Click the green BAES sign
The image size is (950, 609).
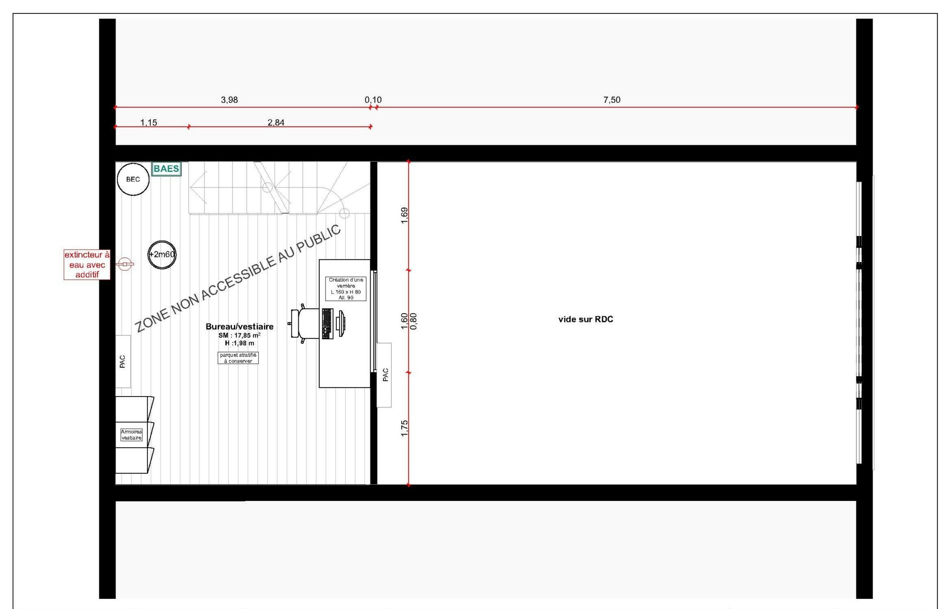click(x=167, y=169)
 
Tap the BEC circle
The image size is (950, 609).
click(x=133, y=179)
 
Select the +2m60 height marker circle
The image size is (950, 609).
click(x=162, y=254)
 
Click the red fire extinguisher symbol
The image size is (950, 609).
click(x=125, y=264)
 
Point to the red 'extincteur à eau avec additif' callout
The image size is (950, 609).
click(x=87, y=264)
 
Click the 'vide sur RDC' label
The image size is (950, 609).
click(x=585, y=319)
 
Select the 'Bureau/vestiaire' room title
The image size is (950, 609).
click(x=239, y=327)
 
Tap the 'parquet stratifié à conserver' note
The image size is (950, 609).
click(x=238, y=358)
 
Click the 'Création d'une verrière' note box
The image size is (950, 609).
click(x=346, y=288)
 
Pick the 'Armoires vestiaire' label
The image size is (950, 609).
click(x=131, y=435)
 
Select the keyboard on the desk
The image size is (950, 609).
click(x=327, y=323)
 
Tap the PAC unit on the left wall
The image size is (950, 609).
click(x=123, y=361)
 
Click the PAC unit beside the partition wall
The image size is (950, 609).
click(x=384, y=375)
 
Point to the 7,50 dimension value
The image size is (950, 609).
click(x=612, y=100)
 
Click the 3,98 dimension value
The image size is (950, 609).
click(x=229, y=100)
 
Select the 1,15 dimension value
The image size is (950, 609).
click(x=148, y=122)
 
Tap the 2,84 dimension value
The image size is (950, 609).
click(x=276, y=122)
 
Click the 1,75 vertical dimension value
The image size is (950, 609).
click(x=404, y=428)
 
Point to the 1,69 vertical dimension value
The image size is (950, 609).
click(x=404, y=215)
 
